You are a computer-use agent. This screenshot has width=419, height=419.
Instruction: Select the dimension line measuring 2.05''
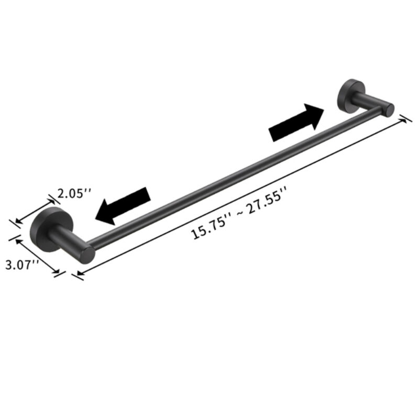tap(34, 210)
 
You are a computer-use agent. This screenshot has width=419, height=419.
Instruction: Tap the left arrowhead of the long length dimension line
tap(79, 272)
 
